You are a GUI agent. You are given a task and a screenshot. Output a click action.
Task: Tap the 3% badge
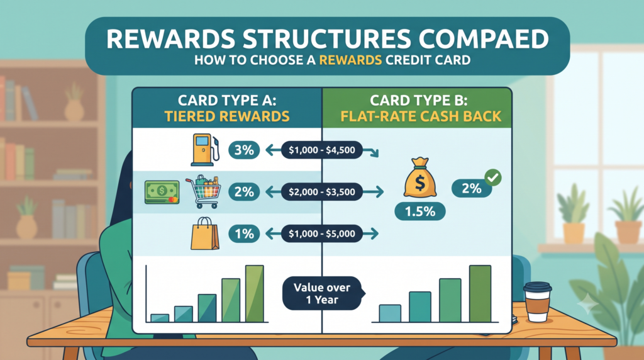pyautogui.click(x=244, y=150)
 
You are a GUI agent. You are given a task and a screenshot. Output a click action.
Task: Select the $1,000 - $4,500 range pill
pyautogui.click(x=322, y=150)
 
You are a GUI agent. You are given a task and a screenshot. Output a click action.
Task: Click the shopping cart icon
pyautogui.click(x=204, y=192)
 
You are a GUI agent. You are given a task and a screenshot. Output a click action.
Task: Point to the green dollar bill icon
pyautogui.click(x=162, y=193)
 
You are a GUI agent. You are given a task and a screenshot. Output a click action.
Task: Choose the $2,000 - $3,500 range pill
pyautogui.click(x=322, y=192)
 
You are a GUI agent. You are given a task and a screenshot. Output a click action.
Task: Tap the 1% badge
pyautogui.click(x=244, y=234)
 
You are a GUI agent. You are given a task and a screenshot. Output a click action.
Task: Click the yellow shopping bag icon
pyautogui.click(x=205, y=233)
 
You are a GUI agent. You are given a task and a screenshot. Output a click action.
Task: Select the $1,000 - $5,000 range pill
pyautogui.click(x=322, y=234)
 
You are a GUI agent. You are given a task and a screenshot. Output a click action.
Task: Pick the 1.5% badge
pyautogui.click(x=419, y=211)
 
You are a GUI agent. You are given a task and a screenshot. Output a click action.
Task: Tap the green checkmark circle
pyautogui.click(x=493, y=177)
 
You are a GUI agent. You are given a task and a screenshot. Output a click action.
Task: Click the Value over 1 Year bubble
pyautogui.click(x=323, y=293)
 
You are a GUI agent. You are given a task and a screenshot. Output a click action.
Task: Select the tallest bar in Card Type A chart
pyautogui.click(x=255, y=293)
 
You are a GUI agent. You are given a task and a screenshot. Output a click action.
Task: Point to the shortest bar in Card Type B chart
pyautogui.click(x=390, y=313)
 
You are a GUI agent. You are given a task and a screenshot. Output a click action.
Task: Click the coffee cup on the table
pyautogui.click(x=537, y=301)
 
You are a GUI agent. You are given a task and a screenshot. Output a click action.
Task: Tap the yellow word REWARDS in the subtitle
pyautogui.click(x=350, y=60)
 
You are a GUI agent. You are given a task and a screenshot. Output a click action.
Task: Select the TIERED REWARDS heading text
pyautogui.click(x=227, y=116)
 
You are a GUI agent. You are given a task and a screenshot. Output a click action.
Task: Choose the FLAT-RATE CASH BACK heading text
pyautogui.click(x=421, y=116)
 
